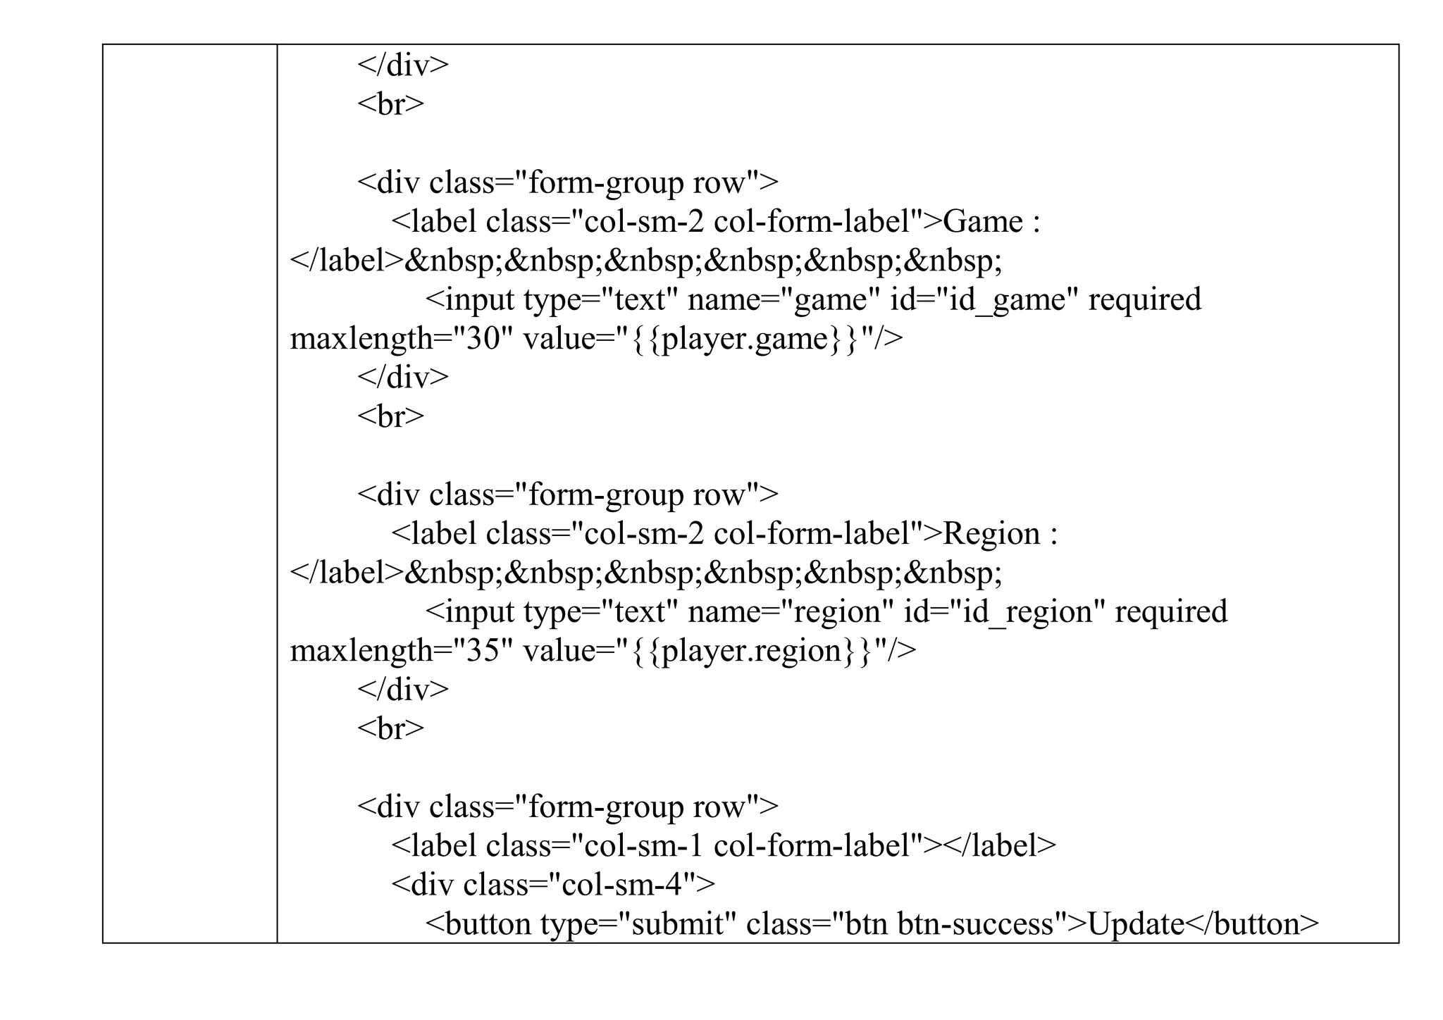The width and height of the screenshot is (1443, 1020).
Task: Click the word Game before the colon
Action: click(981, 222)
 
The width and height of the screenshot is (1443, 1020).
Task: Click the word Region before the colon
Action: click(991, 534)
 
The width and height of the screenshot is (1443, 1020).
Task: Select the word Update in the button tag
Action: click(1136, 924)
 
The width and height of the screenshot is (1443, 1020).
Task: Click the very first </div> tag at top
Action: click(402, 66)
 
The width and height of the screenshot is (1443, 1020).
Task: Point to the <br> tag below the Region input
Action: click(390, 729)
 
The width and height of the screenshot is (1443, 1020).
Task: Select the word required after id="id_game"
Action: click(1144, 300)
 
